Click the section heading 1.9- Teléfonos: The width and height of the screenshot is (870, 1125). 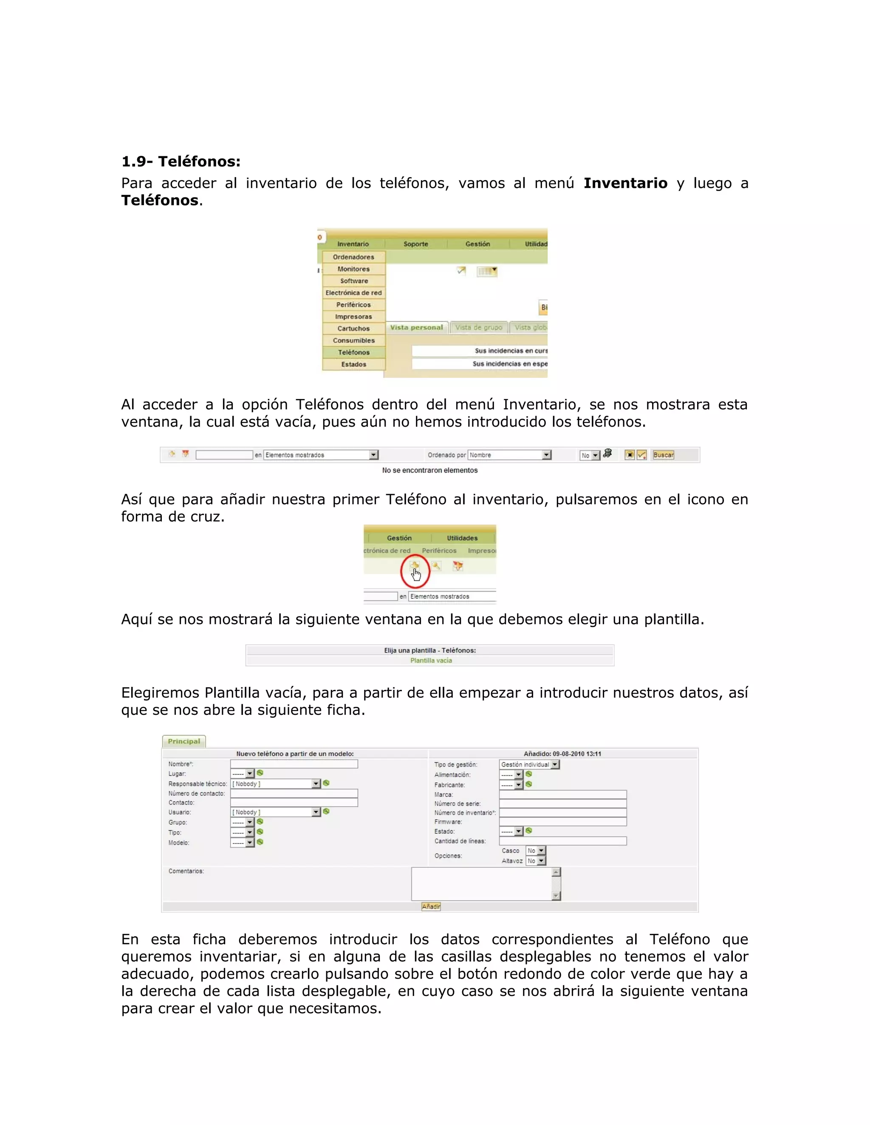click(x=181, y=162)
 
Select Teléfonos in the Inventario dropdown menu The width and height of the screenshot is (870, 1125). click(x=353, y=352)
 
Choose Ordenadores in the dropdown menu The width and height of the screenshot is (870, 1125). click(x=353, y=257)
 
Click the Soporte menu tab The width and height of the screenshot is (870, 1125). click(x=415, y=244)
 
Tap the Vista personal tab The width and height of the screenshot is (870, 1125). click(x=416, y=328)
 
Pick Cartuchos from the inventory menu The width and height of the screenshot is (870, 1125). click(x=353, y=329)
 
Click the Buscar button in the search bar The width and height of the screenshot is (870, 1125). click(x=663, y=455)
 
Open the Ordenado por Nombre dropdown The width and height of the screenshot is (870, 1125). click(x=510, y=455)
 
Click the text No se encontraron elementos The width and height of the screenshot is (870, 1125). click(x=429, y=470)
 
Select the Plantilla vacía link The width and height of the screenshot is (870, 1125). click(x=431, y=661)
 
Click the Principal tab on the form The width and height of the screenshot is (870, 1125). click(x=184, y=741)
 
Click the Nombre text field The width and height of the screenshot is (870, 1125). click(x=294, y=764)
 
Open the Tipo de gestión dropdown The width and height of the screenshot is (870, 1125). click(x=529, y=765)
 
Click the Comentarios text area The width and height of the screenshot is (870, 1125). click(x=481, y=884)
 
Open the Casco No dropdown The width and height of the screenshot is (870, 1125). click(x=536, y=850)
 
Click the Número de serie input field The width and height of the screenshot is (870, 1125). click(x=562, y=804)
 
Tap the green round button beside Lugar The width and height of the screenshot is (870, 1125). click(x=260, y=773)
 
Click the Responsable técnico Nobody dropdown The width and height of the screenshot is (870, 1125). click(x=276, y=784)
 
